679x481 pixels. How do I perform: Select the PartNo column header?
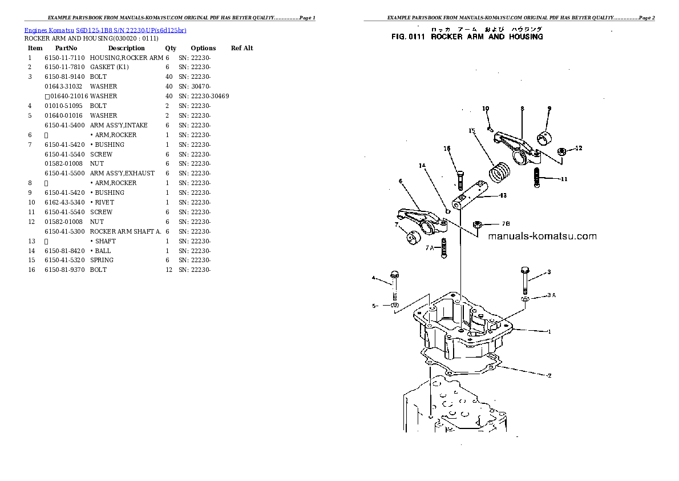click(66, 48)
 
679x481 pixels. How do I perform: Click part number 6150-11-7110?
click(64, 58)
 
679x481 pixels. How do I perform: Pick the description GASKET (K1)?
click(110, 67)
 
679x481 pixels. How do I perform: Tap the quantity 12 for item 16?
click(169, 270)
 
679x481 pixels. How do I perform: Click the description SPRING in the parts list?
click(102, 260)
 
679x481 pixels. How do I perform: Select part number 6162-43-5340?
click(64, 202)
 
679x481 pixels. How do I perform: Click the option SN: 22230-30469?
click(204, 96)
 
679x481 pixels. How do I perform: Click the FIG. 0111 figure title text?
click(467, 37)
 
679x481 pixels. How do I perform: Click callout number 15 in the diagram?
click(472, 131)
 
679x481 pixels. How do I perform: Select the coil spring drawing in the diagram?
click(499, 171)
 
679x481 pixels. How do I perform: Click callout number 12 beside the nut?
click(578, 149)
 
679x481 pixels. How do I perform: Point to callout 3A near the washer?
click(551, 295)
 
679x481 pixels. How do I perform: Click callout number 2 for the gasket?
click(549, 376)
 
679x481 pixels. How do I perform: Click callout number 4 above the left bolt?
click(374, 278)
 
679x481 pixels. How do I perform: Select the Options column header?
click(203, 48)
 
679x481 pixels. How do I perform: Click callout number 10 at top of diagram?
click(486, 109)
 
